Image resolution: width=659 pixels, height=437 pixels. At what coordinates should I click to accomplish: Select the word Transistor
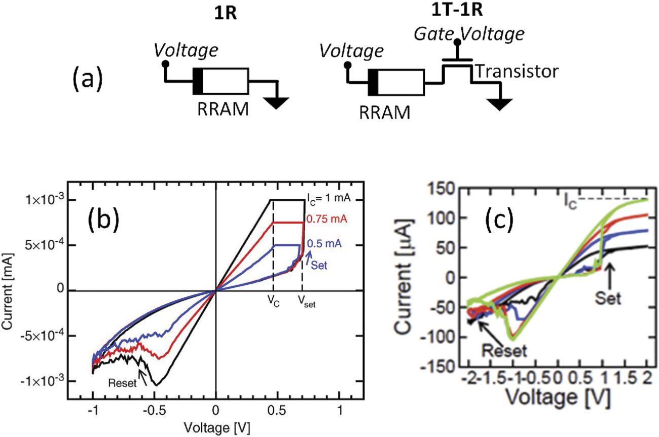click(516, 72)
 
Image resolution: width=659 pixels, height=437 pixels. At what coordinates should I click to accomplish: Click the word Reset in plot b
click(124, 383)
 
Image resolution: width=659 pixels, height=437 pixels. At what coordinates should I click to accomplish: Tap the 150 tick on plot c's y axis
click(442, 189)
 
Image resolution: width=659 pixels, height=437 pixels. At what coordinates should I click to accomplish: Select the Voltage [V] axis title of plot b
click(216, 425)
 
